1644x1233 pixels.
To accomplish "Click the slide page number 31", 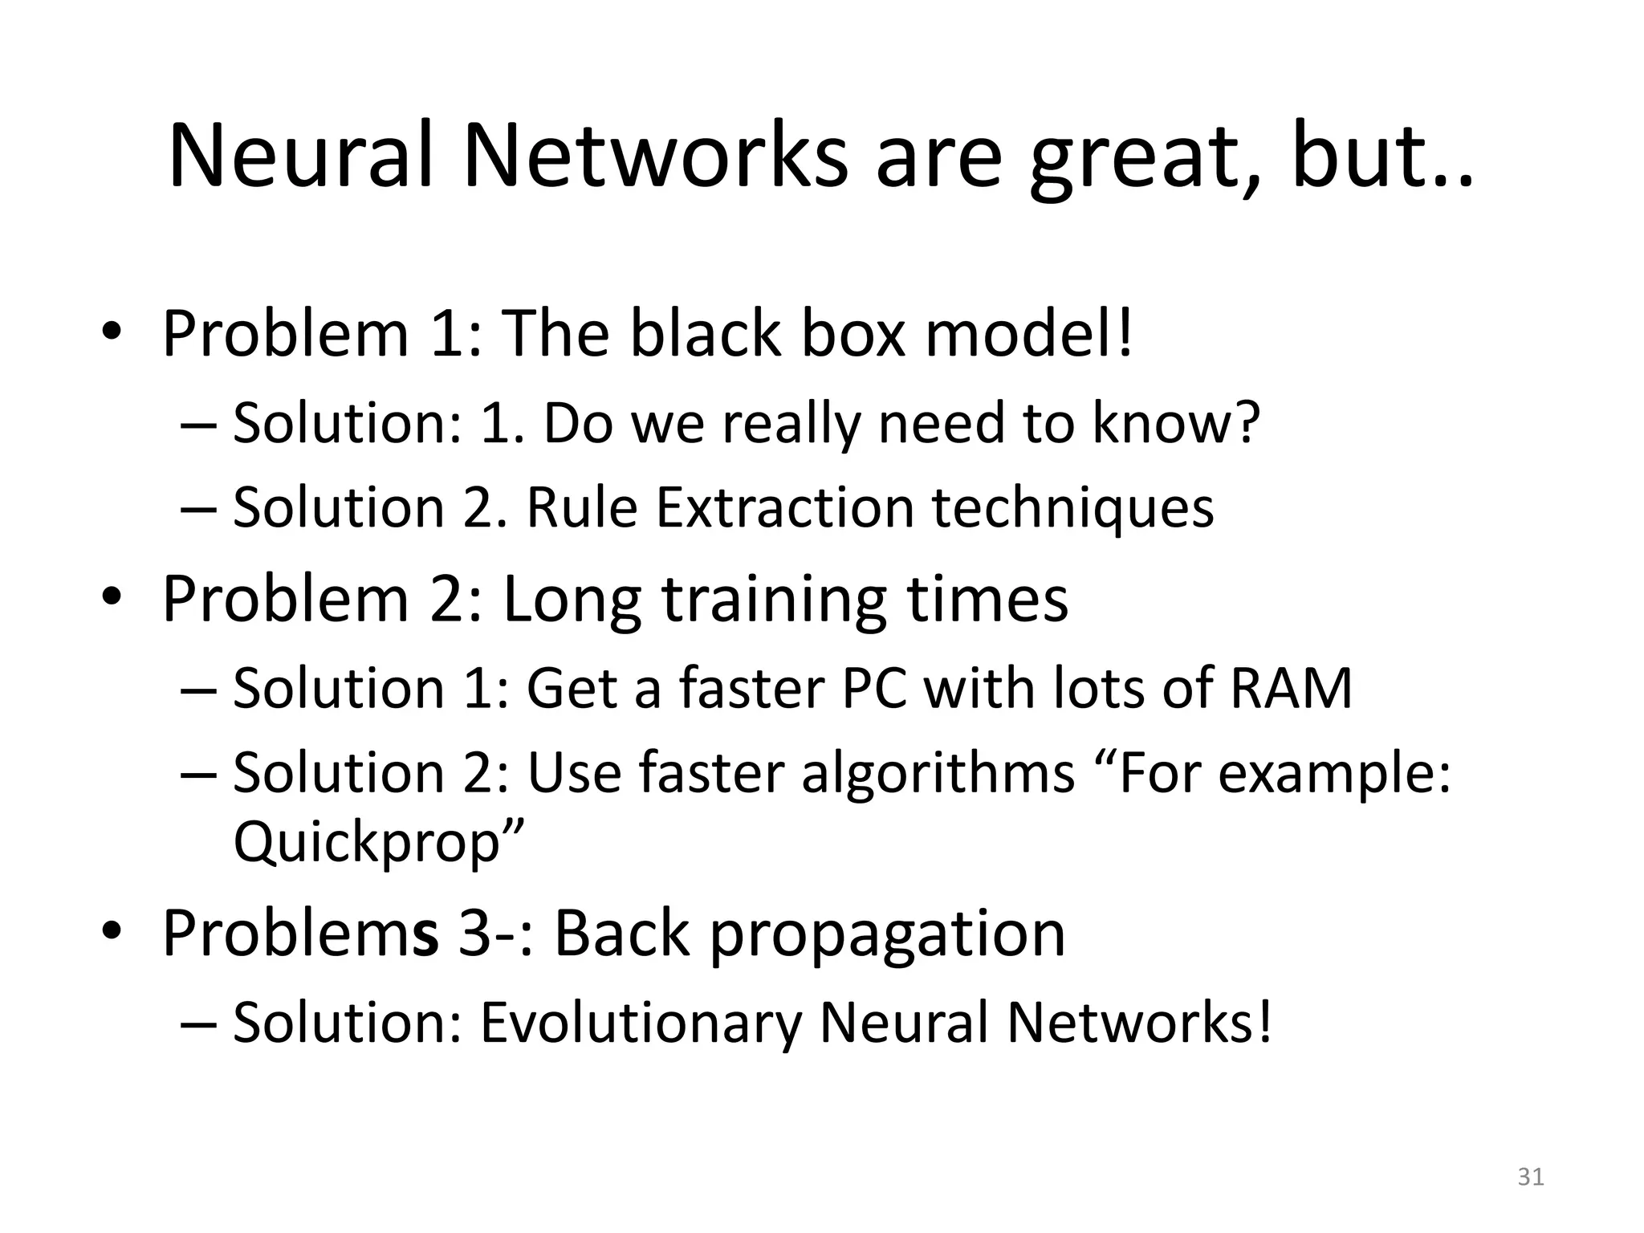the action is tap(1530, 1177).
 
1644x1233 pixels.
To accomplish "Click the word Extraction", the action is tap(785, 508).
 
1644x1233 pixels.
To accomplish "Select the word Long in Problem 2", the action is tap(572, 600).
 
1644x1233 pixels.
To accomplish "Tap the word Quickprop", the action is tap(368, 842).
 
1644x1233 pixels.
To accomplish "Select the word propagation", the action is tap(887, 934).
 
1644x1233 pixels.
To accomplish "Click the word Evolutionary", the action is tap(641, 1023).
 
